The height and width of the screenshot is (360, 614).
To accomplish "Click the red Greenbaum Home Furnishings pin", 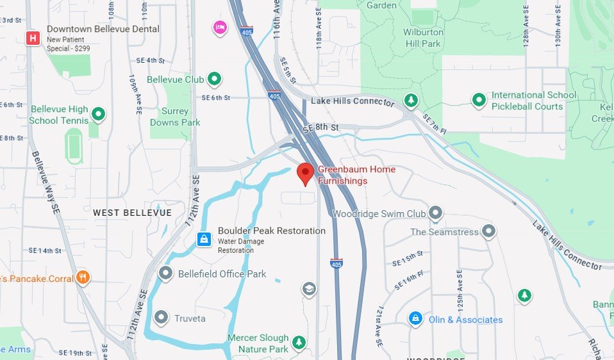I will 305,173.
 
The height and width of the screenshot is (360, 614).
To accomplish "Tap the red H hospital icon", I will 32,38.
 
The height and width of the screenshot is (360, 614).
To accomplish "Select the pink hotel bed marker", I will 220,28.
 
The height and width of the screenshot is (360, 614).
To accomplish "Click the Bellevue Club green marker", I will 215,79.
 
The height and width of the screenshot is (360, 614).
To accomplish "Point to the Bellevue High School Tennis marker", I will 98,115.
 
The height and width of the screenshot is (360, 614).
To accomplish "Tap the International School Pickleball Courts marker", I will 479,100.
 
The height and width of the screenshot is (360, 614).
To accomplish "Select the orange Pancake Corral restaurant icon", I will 83,277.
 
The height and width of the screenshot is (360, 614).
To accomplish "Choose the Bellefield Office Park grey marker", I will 166,274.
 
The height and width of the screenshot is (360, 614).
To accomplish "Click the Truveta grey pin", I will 161,317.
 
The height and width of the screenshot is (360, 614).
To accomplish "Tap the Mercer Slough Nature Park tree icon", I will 299,343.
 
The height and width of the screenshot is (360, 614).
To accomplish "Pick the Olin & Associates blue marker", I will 415,318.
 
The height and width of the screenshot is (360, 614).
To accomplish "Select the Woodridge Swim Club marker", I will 436,212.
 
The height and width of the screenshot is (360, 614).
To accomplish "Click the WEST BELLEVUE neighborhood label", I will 132,212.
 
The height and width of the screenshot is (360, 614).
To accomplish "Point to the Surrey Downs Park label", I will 175,117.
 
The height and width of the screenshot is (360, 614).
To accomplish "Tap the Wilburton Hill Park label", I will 422,38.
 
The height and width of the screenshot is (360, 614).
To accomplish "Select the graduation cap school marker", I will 309,289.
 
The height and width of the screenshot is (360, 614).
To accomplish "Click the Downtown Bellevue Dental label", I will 103,29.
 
